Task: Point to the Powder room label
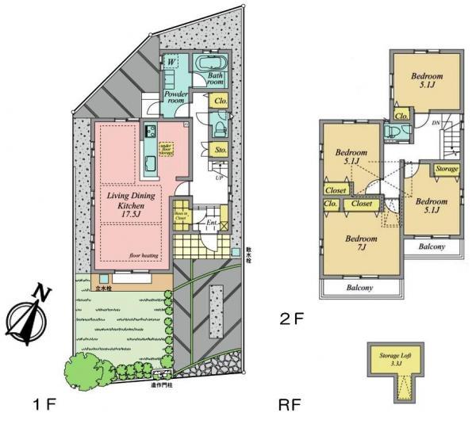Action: pyautogui.click(x=175, y=97)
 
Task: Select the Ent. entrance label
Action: pyautogui.click(x=211, y=224)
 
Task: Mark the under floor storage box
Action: pyautogui.click(x=166, y=149)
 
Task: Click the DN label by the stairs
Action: pyautogui.click(x=436, y=123)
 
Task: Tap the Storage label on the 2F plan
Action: pyautogui.click(x=447, y=169)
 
